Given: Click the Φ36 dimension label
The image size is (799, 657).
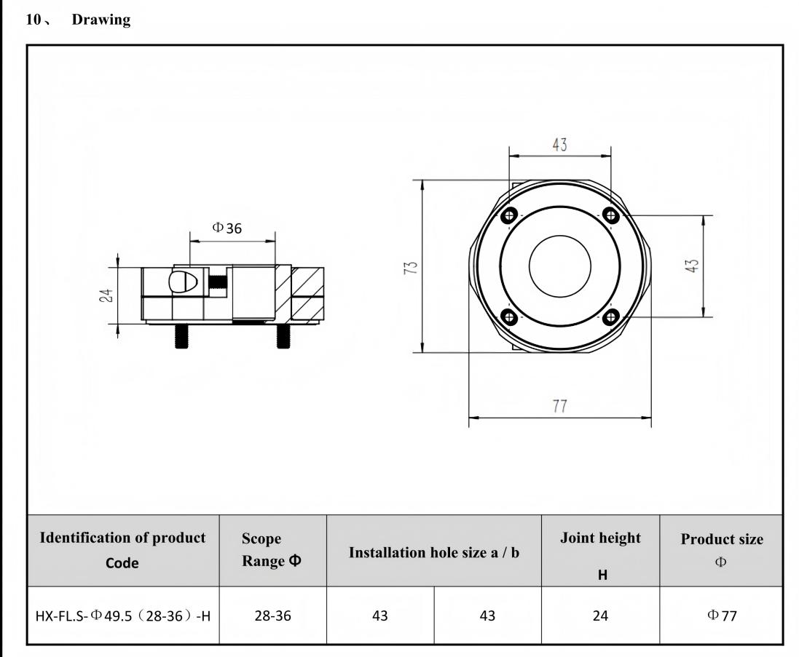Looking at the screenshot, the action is click(227, 228).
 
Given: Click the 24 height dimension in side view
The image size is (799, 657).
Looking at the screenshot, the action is click(106, 295).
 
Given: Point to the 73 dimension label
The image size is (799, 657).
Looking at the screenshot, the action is click(410, 267).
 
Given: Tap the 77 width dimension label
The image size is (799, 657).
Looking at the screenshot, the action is click(559, 406).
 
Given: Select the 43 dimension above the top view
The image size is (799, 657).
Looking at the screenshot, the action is click(559, 145).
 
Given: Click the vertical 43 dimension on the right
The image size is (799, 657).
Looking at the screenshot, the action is click(691, 266).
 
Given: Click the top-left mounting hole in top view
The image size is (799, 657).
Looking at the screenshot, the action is click(509, 216).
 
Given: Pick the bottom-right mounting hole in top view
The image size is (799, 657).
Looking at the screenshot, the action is click(610, 317).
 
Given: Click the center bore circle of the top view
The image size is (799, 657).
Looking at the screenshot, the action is click(559, 235).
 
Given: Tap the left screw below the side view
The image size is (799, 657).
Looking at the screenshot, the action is click(181, 336).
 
